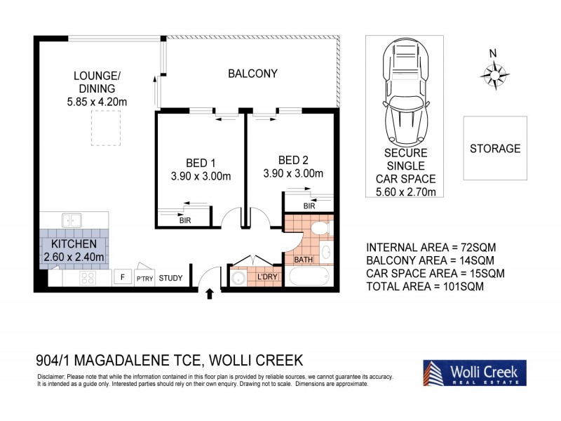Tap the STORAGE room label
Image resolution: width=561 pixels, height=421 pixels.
pos(495,149)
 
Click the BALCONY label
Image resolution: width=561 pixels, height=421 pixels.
pos(252,73)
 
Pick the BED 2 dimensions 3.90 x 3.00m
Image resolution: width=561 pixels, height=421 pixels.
pos(292,174)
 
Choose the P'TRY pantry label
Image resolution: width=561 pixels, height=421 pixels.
pos(144,279)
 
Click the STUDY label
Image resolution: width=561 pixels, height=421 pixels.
pos(170,279)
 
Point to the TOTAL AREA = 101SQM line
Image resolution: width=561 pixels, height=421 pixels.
pos(425,286)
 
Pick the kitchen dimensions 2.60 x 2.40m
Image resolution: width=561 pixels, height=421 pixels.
pos(74,257)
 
